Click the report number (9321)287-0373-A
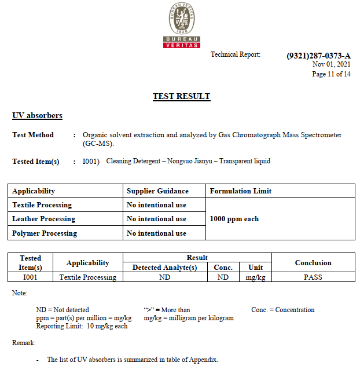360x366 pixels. pyautogui.click(x=318, y=56)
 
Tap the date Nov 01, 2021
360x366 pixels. pyautogui.click(x=331, y=64)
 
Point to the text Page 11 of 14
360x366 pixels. pyautogui.click(x=331, y=74)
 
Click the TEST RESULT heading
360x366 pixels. pyautogui.click(x=181, y=96)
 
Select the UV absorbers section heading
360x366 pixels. pyautogui.click(x=37, y=116)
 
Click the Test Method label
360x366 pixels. pyautogui.click(x=33, y=135)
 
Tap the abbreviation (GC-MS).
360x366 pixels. pyautogui.click(x=98, y=144)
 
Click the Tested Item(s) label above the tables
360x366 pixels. pyautogui.click(x=36, y=162)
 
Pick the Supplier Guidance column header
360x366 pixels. pyautogui.click(x=157, y=191)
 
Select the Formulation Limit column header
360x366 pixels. pyautogui.click(x=241, y=191)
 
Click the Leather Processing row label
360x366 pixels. pyautogui.click(x=43, y=219)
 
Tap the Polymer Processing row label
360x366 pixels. pyautogui.click(x=45, y=233)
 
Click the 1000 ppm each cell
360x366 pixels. pyautogui.click(x=234, y=219)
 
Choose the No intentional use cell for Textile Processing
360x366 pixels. pyautogui.click(x=156, y=205)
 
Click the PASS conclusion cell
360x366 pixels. pyautogui.click(x=313, y=277)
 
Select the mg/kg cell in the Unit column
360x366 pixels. pyautogui.click(x=255, y=277)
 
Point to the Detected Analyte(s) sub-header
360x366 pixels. pyautogui.click(x=165, y=268)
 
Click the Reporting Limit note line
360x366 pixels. pyautogui.click(x=82, y=326)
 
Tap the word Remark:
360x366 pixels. pyautogui.click(x=24, y=343)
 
